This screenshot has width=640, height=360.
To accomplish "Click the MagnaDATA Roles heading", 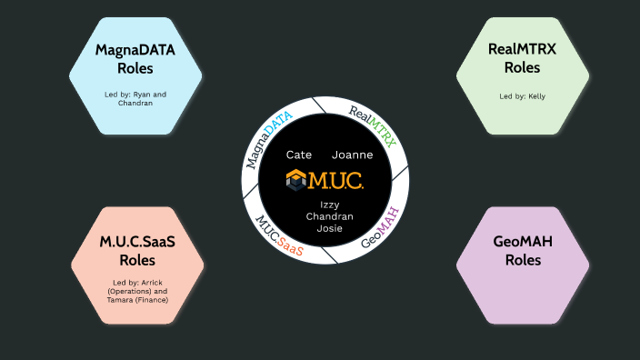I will (x=135, y=58).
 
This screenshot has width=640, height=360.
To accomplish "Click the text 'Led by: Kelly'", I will (x=522, y=95).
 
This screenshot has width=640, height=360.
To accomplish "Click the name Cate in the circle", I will (x=299, y=155).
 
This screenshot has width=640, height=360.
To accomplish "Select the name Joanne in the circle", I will (x=352, y=155).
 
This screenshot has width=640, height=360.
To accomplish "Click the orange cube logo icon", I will (x=296, y=179).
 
